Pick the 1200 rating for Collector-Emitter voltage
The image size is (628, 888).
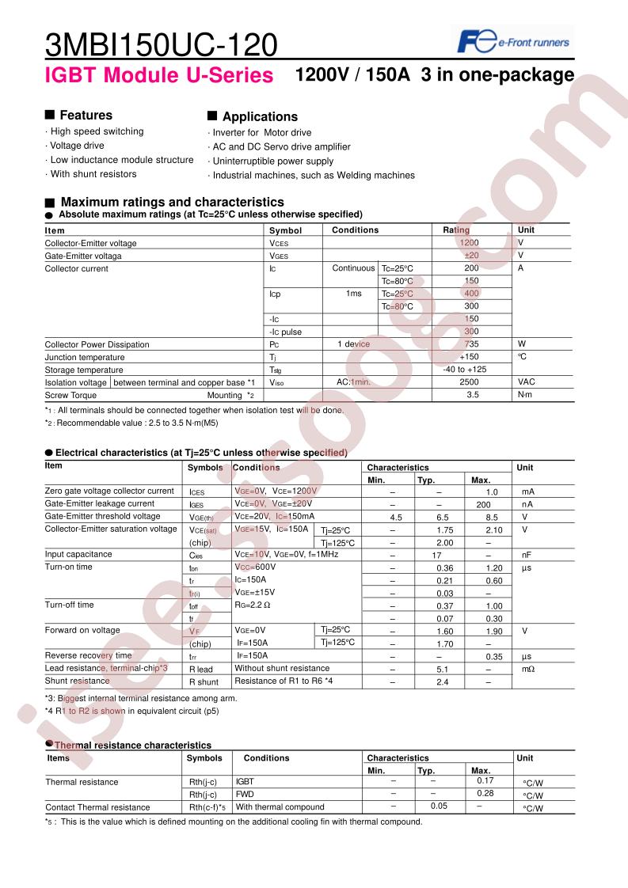click(x=470, y=243)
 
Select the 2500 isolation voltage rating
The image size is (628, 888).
click(x=470, y=382)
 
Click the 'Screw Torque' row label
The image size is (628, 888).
click(x=71, y=395)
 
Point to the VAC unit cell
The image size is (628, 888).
click(x=527, y=382)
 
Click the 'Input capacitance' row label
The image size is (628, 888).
click(x=78, y=555)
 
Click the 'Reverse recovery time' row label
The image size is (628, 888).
click(x=88, y=656)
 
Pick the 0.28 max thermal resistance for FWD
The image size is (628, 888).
click(x=485, y=794)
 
